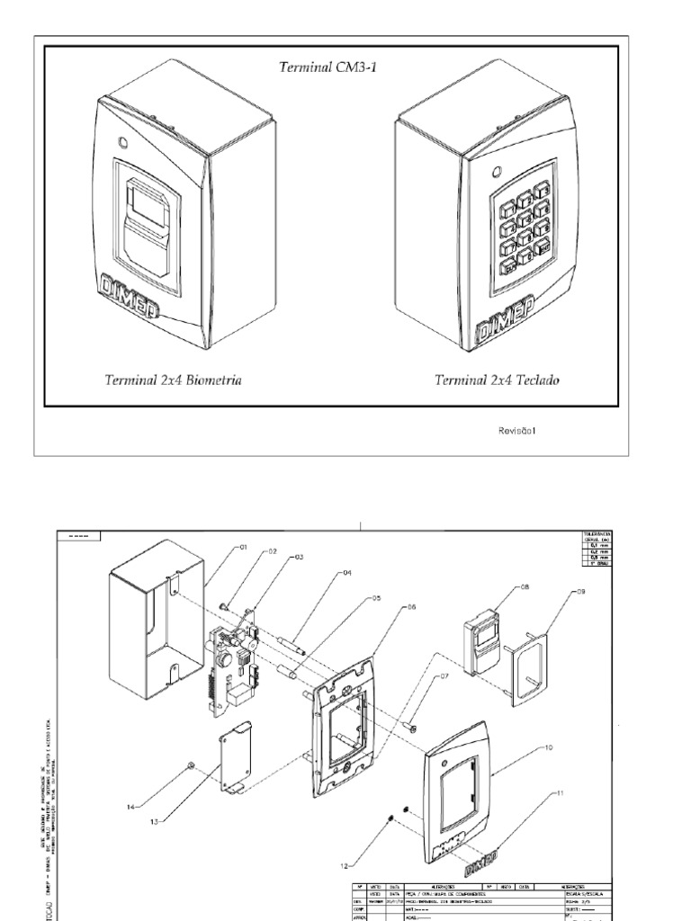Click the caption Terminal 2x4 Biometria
click(x=173, y=380)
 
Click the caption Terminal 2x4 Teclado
click(x=497, y=380)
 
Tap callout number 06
click(x=411, y=607)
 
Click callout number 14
click(x=132, y=806)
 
